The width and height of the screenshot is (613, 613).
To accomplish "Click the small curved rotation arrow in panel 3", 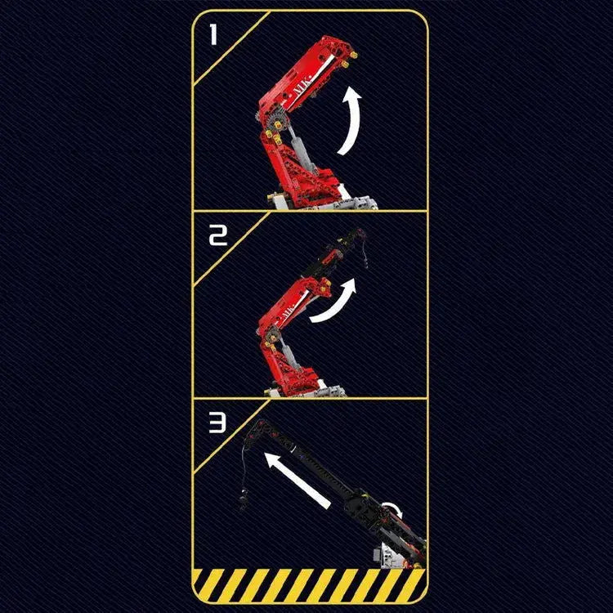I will coord(394,511).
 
